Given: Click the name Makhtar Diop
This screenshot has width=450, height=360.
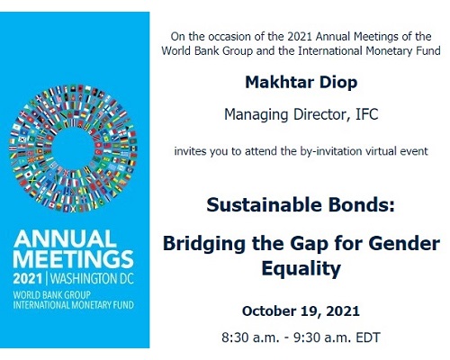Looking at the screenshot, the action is click(301, 82).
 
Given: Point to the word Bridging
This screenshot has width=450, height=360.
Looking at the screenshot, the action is click(204, 244).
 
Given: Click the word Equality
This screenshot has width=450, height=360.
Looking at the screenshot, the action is click(301, 268).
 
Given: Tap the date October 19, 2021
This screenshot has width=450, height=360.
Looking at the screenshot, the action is click(301, 311).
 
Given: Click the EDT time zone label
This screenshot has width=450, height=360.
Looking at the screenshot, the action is click(368, 337).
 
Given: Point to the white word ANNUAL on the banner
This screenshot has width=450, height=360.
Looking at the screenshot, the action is click(65, 238).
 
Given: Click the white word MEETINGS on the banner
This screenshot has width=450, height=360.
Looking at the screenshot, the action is click(73, 259).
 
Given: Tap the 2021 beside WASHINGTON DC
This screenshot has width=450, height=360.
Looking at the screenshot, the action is click(27, 279).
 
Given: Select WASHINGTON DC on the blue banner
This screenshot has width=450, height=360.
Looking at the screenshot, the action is click(92, 279).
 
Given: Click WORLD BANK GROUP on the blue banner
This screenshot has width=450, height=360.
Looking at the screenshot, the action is click(51, 295).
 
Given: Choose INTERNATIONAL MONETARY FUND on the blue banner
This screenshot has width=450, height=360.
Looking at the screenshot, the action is click(73, 305).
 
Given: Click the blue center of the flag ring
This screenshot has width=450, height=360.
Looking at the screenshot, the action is click(74, 148).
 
